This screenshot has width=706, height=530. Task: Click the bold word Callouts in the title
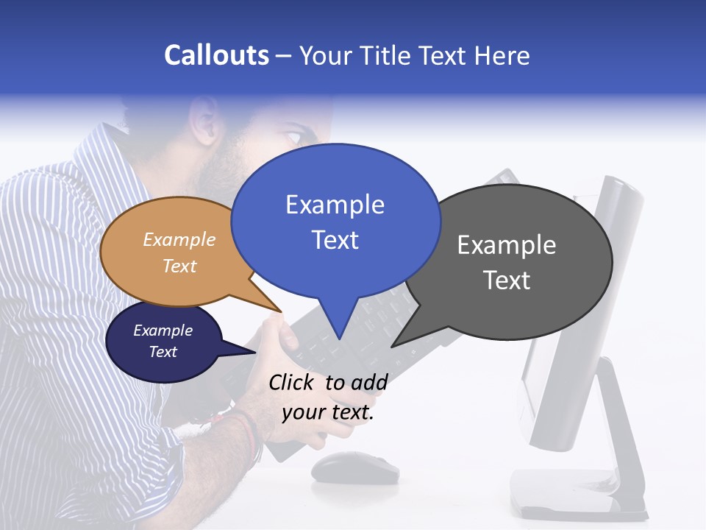pyautogui.click(x=216, y=55)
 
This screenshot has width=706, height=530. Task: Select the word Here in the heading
pyautogui.click(x=503, y=55)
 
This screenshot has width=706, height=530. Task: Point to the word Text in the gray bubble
pyautogui.click(x=507, y=280)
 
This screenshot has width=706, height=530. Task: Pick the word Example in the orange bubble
pyautogui.click(x=179, y=239)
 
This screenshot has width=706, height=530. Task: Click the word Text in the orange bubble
pyautogui.click(x=179, y=266)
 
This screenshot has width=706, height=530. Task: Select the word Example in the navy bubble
pyautogui.click(x=163, y=331)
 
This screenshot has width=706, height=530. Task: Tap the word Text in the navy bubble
pyautogui.click(x=163, y=352)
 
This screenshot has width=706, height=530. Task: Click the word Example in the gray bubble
pyautogui.click(x=507, y=245)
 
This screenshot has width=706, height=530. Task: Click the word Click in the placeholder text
pyautogui.click(x=293, y=382)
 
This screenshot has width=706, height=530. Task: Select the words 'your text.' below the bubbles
pyautogui.click(x=328, y=413)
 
